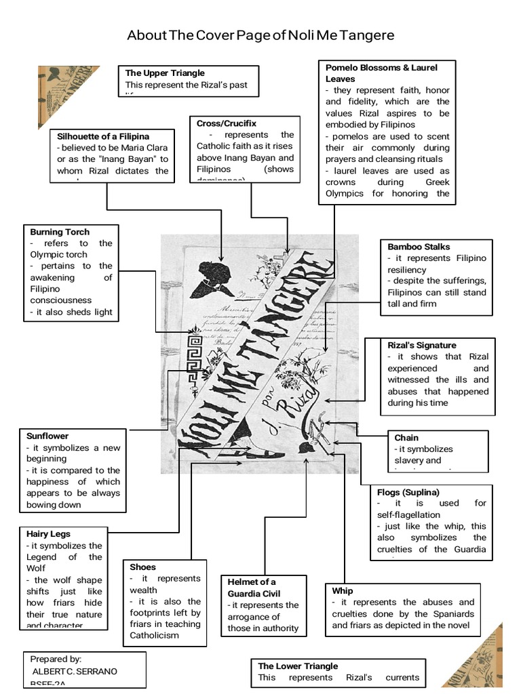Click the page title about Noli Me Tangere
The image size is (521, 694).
pyautogui.click(x=260, y=35)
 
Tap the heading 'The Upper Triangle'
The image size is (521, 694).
pyautogui.click(x=165, y=73)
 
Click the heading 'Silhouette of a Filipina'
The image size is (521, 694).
pyautogui.click(x=103, y=136)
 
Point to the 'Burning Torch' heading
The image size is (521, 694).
pyautogui.click(x=60, y=232)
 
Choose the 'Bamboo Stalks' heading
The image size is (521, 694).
pyautogui.click(x=419, y=247)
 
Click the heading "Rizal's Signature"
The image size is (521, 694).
pyautogui.click(x=422, y=345)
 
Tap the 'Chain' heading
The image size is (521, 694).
pyautogui.click(x=406, y=438)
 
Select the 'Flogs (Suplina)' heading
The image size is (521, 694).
pyautogui.click(x=408, y=492)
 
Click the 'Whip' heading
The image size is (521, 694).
pyautogui.click(x=343, y=591)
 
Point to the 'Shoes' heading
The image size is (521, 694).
pyautogui.click(x=142, y=567)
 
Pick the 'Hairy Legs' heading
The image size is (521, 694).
pyautogui.click(x=48, y=534)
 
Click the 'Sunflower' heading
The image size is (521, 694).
pyautogui.click(x=47, y=436)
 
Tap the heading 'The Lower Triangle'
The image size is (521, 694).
pyautogui.click(x=298, y=666)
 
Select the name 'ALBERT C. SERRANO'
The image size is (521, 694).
pyautogui.click(x=74, y=671)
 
